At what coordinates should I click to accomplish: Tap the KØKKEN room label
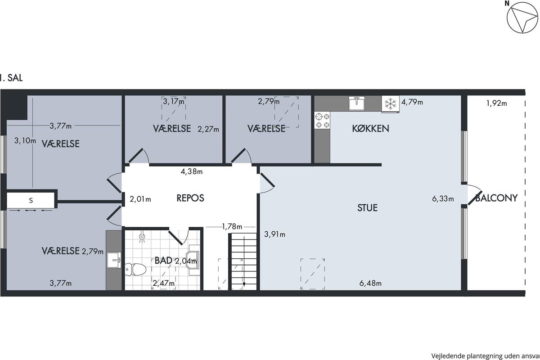[x=370, y=129]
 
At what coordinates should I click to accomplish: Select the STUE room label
[x=367, y=207]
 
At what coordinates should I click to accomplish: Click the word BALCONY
[x=496, y=198]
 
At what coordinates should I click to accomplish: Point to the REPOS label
[x=190, y=198]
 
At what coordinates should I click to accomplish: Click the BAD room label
[x=163, y=261]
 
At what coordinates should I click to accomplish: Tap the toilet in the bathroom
[x=135, y=269]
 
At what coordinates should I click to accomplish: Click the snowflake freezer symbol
[x=390, y=104]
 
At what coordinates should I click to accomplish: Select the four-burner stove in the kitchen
[x=322, y=121]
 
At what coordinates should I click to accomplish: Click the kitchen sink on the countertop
[x=357, y=103]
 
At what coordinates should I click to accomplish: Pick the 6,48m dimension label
[x=370, y=283]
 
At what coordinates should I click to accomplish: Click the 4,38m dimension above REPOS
[x=192, y=171]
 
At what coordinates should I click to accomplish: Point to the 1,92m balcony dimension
[x=497, y=103]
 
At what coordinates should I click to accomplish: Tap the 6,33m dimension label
[x=443, y=199]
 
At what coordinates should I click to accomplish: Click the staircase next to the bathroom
[x=244, y=261]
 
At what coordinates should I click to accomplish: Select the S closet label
[x=31, y=200]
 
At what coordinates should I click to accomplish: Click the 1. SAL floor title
[x=11, y=78]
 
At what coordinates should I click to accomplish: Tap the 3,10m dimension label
[x=25, y=140]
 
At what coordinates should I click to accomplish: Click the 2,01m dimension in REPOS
[x=140, y=199]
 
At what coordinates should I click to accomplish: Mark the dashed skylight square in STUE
[x=313, y=274]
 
